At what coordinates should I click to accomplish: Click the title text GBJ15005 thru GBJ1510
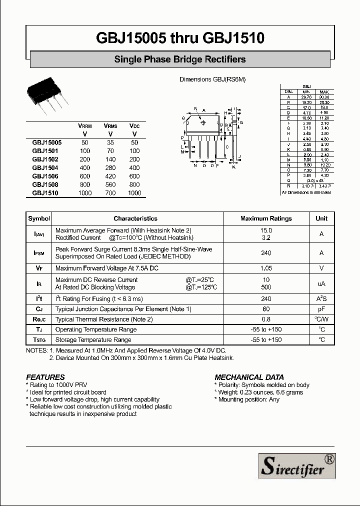(179, 38)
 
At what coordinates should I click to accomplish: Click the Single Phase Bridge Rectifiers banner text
(180, 59)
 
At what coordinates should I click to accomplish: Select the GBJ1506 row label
(45, 176)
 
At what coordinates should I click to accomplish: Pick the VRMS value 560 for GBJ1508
(110, 184)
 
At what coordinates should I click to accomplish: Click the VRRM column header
(85, 126)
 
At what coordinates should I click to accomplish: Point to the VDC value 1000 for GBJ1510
(134, 193)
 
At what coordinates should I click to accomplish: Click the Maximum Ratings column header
(266, 218)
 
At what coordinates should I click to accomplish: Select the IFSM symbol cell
(39, 253)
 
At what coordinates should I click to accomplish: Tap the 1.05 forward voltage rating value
(266, 268)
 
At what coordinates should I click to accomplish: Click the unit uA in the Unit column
(321, 283)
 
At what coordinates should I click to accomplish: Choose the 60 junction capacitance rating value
(266, 309)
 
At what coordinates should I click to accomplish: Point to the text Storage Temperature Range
(93, 339)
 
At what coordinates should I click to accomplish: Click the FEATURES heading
(45, 377)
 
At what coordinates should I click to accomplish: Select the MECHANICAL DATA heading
(249, 377)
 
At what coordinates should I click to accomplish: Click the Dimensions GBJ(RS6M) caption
(212, 79)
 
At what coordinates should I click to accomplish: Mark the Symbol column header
(39, 218)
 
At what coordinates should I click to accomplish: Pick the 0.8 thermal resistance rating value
(266, 319)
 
